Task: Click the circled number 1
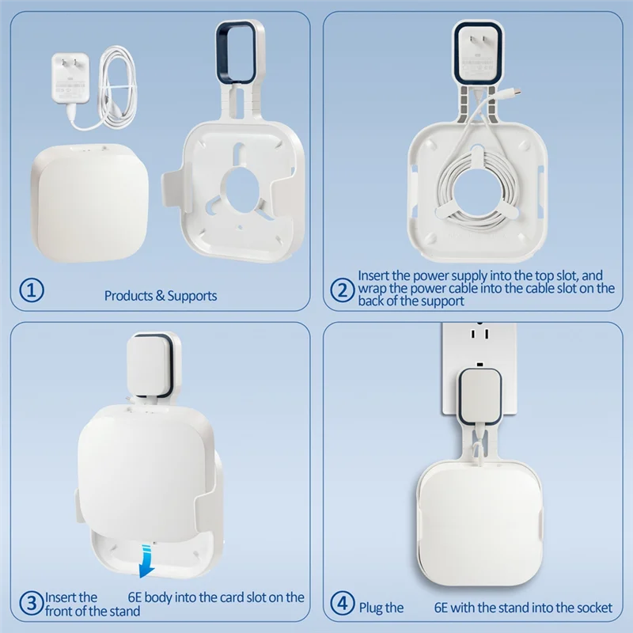pos(32,290)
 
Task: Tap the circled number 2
pos(343,290)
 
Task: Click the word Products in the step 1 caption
pos(129,295)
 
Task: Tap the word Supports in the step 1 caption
pos(192,295)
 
